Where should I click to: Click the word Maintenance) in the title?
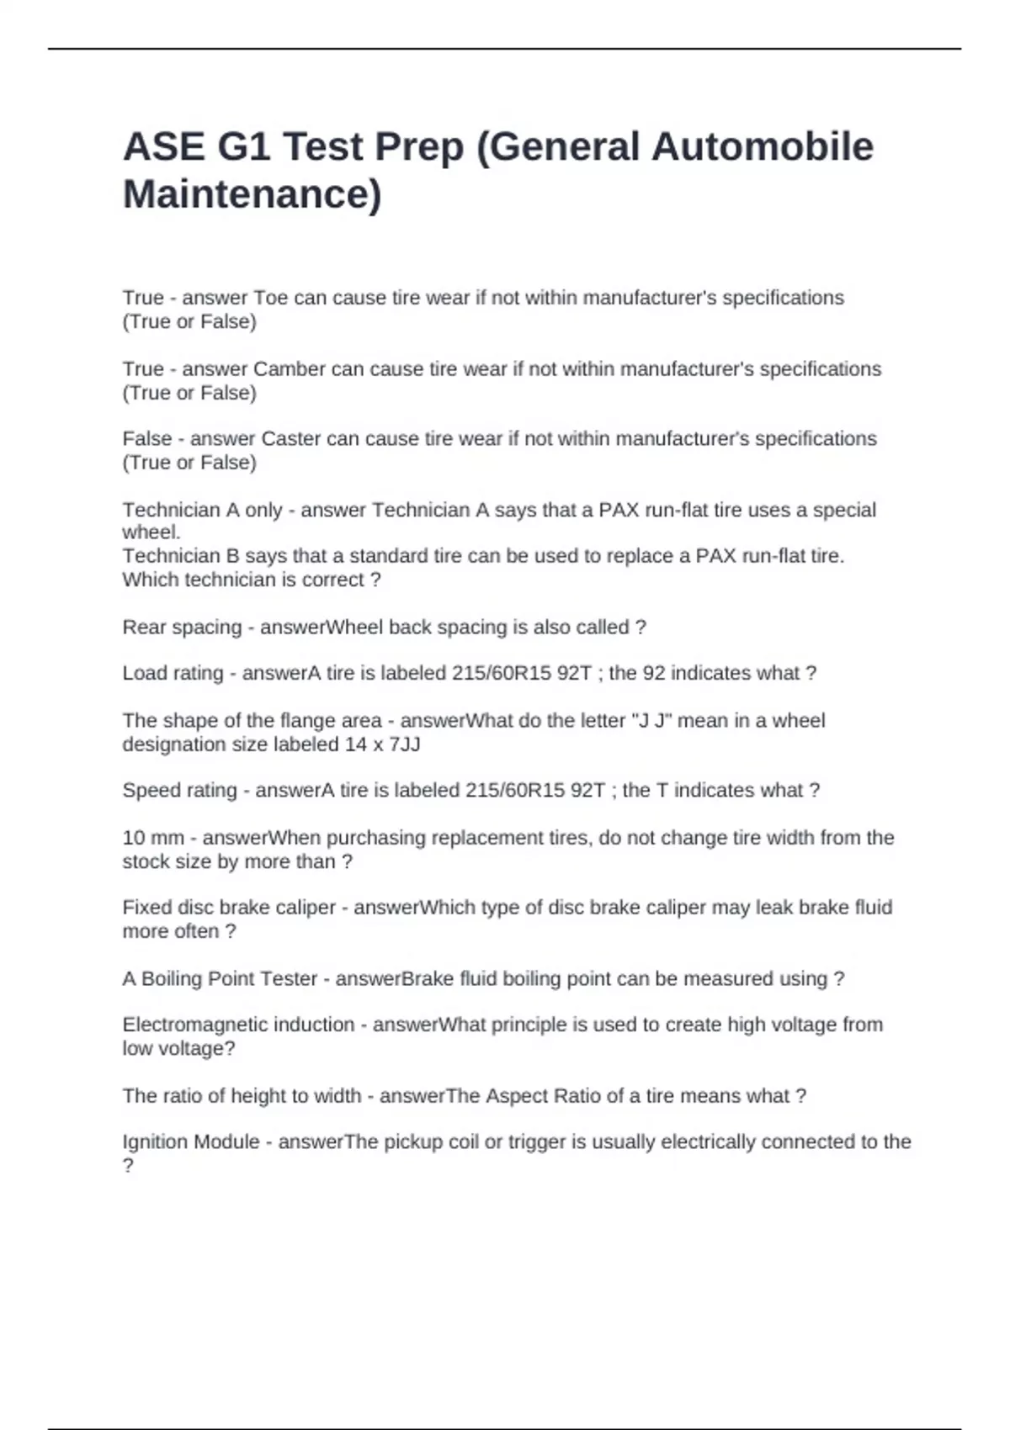[252, 194]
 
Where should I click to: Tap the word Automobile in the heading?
[763, 146]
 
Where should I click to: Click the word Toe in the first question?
[271, 298]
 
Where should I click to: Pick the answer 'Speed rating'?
[179, 791]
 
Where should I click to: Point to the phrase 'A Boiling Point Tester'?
[220, 979]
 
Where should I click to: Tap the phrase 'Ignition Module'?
[191, 1142]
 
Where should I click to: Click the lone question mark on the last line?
[128, 1166]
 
